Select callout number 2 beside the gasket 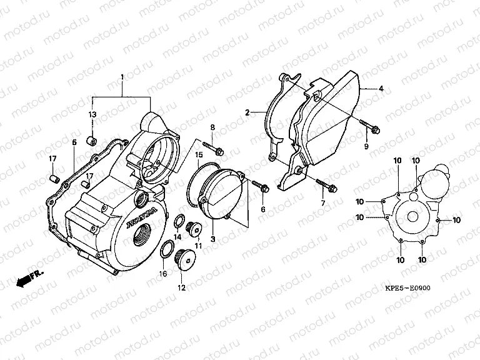(248, 113)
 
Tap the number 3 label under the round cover (212, 239)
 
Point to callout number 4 (381, 89)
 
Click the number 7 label (323, 204)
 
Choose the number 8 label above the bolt (212, 128)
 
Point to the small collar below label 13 (92, 138)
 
